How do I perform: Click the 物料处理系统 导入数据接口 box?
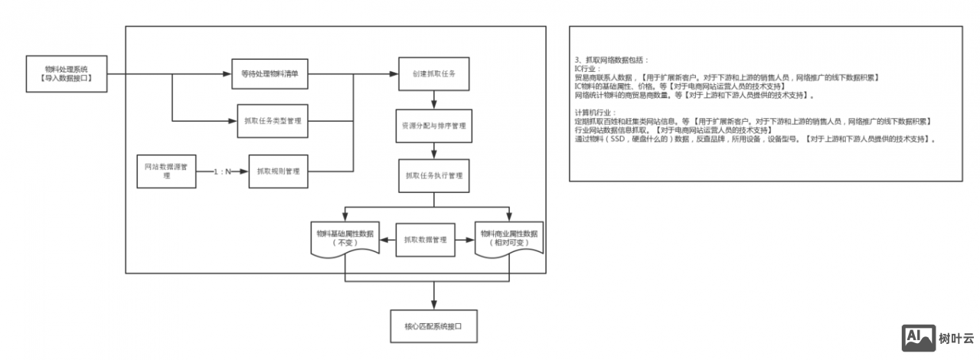pos(66,74)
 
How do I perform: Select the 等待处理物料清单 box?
pos(269,74)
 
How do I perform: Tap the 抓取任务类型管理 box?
pos(273,120)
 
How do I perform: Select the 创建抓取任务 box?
pos(433,74)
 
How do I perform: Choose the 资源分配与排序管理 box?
pos(433,125)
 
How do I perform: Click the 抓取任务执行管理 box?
pos(433,175)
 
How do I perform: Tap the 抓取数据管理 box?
pos(425,240)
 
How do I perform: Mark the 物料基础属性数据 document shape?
pos(345,238)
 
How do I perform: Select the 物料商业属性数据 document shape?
pos(509,238)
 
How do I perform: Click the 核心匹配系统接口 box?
pos(434,326)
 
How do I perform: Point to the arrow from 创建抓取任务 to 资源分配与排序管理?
pos(434,99)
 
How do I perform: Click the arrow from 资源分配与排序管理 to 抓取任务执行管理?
pos(434,150)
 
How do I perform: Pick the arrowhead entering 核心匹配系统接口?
pos(434,306)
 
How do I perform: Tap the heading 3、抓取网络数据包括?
pos(612,59)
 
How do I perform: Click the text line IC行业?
pos(589,68)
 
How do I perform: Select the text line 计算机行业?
pos(595,113)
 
